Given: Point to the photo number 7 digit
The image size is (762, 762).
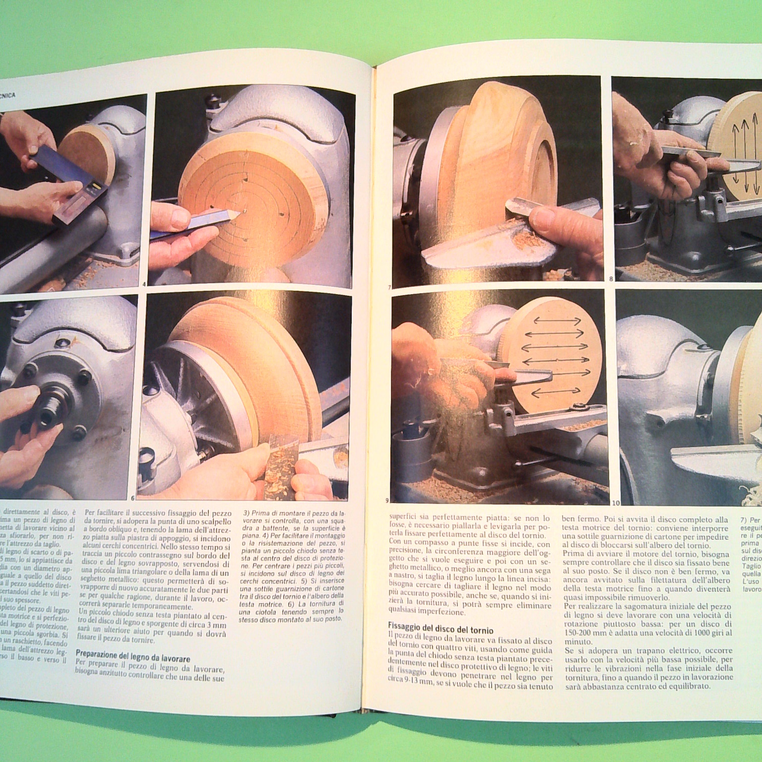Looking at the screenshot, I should point(390,287).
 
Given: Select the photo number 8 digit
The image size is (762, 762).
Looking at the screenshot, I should point(611,279).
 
